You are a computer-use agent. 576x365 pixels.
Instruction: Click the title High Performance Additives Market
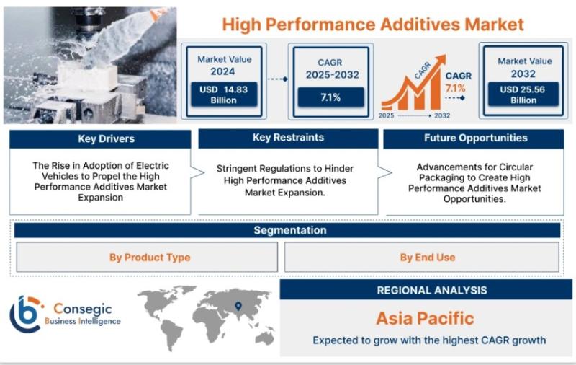[373, 25]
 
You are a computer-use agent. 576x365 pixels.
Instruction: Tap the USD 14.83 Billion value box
[224, 94]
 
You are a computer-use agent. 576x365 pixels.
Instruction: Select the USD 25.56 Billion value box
[523, 94]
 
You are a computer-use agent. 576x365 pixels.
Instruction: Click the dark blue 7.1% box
[330, 97]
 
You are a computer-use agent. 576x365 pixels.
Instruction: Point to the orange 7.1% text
[456, 88]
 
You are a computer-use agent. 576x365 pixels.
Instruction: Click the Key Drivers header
[100, 139]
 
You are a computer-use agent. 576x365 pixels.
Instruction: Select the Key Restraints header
[288, 138]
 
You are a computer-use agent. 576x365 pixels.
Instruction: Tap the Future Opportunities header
[474, 138]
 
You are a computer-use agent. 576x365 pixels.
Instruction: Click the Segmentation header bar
[287, 230]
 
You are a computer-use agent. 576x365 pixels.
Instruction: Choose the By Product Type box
[147, 258]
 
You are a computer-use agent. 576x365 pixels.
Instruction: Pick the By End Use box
[422, 258]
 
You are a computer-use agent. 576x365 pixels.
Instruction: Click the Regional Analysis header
[426, 289]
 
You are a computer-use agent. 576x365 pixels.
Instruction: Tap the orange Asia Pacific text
[425, 318]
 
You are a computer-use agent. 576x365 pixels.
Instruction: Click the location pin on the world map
[238, 306]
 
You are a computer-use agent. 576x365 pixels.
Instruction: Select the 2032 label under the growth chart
[442, 115]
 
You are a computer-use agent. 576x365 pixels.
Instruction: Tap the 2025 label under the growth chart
[387, 115]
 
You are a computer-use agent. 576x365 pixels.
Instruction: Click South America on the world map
[171, 334]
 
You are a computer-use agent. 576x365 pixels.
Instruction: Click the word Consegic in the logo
[82, 308]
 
